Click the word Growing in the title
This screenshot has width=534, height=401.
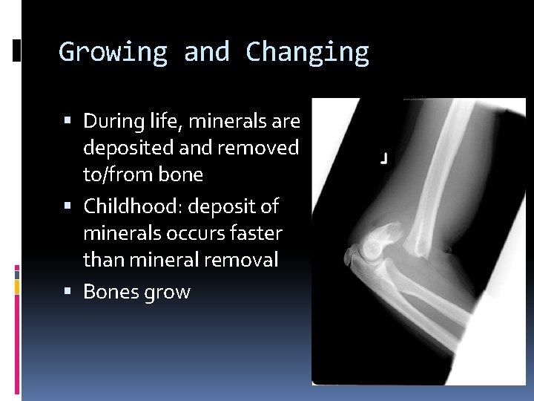pos(113,52)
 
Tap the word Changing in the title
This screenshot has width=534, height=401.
pos(307,52)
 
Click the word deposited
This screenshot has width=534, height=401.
pos(128,148)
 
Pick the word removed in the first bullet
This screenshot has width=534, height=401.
pos(258,148)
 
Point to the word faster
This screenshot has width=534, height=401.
pos(254,233)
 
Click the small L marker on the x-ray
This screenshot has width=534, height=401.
pos(383,159)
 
